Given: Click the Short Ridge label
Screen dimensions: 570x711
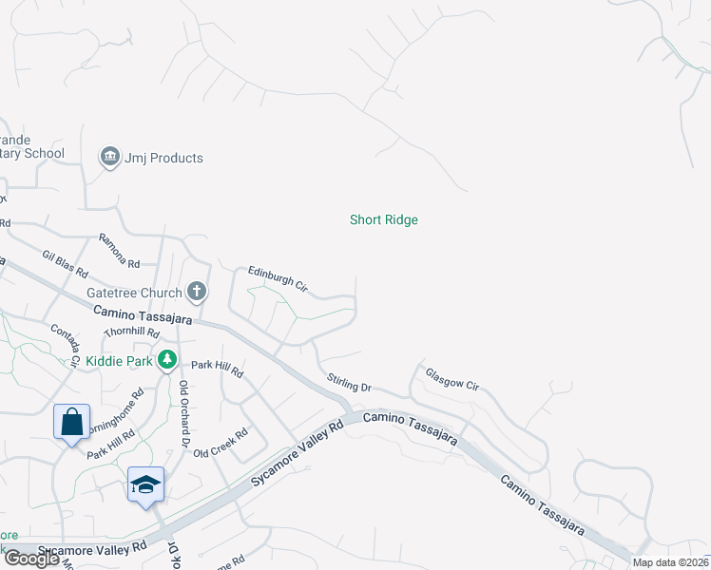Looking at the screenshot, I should point(383,219).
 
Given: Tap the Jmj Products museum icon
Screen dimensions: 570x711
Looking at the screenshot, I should point(109,156).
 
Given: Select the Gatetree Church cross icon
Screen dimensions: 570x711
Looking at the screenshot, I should point(197,291).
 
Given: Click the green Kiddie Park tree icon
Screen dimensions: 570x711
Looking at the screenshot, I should point(167,359).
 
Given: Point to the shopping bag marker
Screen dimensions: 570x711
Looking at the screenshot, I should point(72,421).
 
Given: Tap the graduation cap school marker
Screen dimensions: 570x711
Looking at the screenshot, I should point(145,484).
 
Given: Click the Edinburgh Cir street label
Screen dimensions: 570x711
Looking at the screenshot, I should point(278,277).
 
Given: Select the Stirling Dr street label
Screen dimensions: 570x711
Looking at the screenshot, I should point(349,383).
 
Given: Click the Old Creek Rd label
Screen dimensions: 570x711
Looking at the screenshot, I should point(221,443).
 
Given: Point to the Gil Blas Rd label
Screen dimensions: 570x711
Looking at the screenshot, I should point(65,262).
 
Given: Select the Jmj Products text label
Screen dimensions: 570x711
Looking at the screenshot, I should point(163,158).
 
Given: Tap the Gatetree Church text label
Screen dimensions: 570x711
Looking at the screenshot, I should point(133,293).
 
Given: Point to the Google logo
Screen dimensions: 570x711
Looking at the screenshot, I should point(31,559).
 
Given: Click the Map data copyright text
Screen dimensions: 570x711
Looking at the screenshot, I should point(669,562).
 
